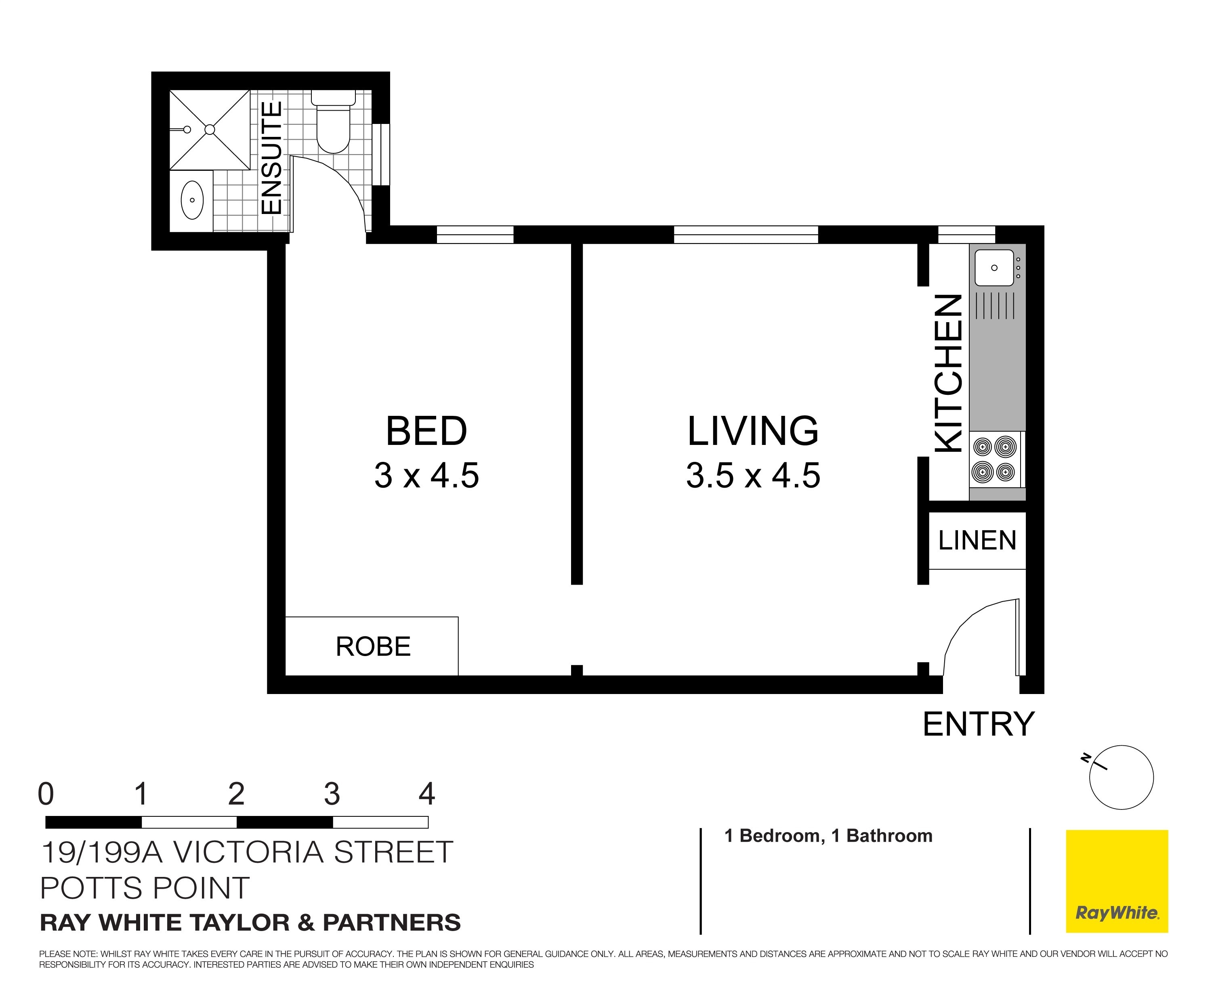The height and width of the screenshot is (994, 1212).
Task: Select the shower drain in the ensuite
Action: click(210, 130)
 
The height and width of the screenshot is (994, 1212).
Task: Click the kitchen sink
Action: click(994, 267)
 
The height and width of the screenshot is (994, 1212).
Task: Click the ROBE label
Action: click(373, 646)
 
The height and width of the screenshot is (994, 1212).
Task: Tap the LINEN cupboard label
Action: click(977, 540)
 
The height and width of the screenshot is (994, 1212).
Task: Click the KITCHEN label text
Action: click(949, 373)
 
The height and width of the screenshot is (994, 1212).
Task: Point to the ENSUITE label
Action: click(271, 157)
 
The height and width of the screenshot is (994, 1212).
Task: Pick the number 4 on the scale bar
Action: click(427, 794)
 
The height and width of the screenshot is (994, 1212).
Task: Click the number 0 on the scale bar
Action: click(46, 794)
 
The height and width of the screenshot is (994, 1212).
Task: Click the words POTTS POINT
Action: click(144, 888)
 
